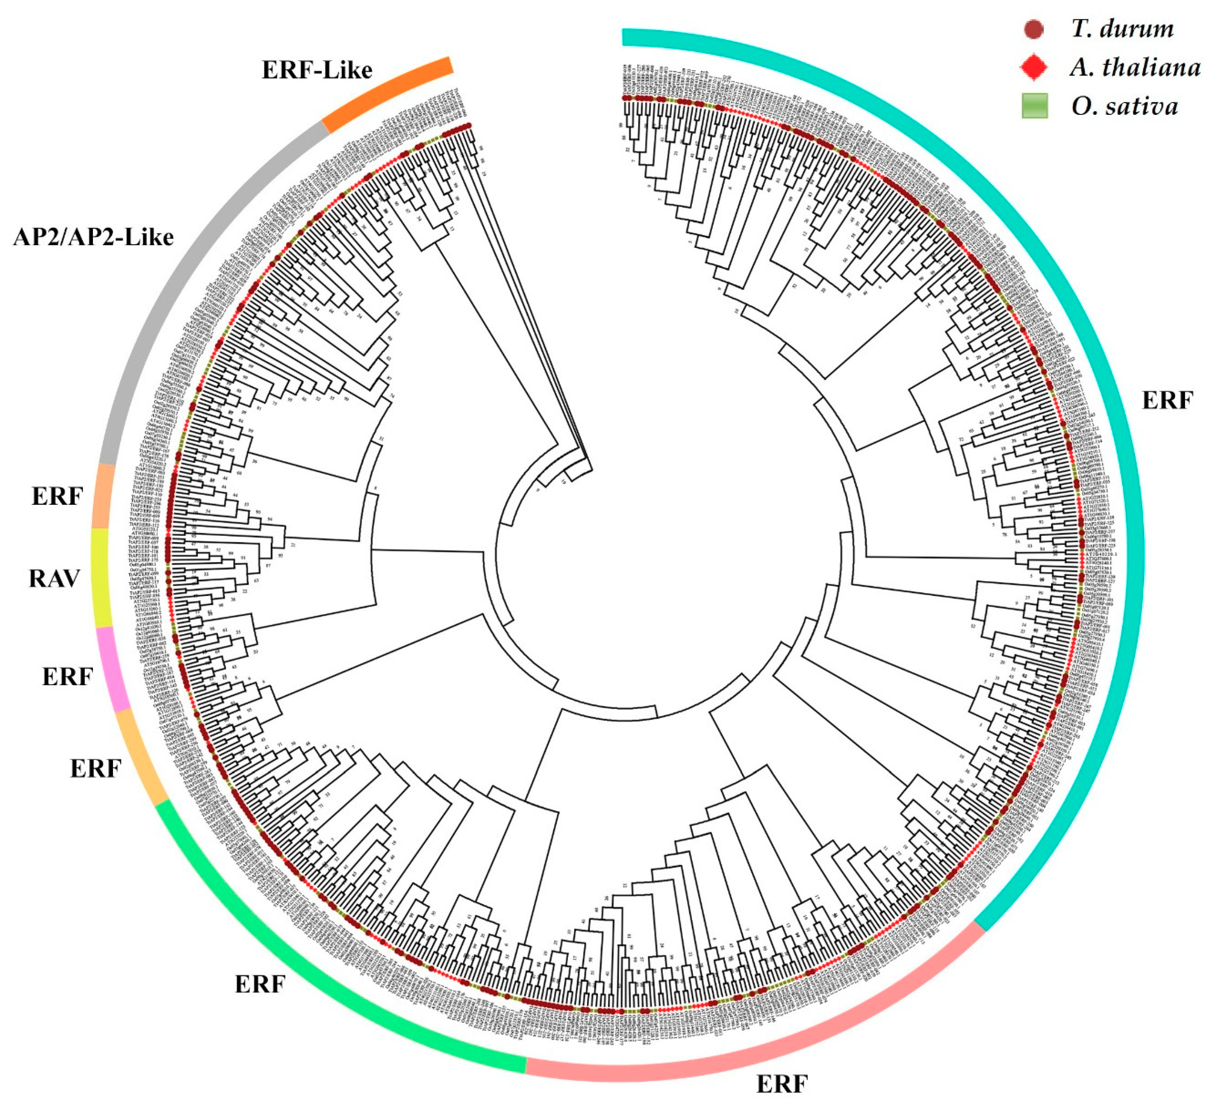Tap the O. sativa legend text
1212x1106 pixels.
click(1124, 107)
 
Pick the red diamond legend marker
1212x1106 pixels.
click(1034, 68)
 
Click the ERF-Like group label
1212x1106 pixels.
click(317, 70)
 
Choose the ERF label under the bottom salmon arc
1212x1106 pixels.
click(781, 1084)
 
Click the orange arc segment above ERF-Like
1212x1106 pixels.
click(388, 93)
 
